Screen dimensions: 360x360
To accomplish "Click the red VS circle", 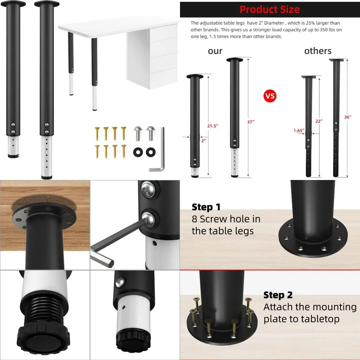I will coord(270,96).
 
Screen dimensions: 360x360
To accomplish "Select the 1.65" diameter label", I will coord(298,130).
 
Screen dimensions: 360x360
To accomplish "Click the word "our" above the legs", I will coord(215,51).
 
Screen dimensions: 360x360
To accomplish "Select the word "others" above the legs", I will coord(318,51).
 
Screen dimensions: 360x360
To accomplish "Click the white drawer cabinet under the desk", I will coord(153,58).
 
